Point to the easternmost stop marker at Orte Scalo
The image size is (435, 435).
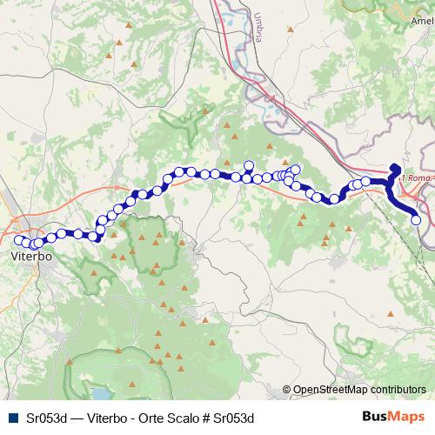tap(416, 220)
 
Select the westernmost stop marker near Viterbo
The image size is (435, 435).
tap(18, 240)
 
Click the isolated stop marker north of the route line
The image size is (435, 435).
tap(249, 165)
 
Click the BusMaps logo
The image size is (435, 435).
tap(392, 418)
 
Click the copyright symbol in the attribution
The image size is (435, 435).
tap(287, 390)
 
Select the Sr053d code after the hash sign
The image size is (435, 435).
tap(232, 418)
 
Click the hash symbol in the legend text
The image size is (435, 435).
tap(206, 418)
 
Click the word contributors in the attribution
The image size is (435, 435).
tap(395, 390)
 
